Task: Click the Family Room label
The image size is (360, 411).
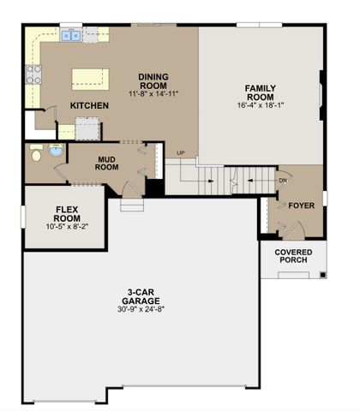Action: click(x=261, y=92)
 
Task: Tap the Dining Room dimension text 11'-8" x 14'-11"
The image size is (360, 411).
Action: click(x=153, y=93)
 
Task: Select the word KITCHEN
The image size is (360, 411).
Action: click(x=89, y=105)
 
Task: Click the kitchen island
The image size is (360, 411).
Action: click(x=90, y=80)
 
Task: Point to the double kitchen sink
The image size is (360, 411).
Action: click(x=71, y=36)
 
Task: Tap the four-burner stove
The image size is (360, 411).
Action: click(x=33, y=74)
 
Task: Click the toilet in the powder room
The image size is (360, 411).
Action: click(x=36, y=153)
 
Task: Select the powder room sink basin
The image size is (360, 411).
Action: click(x=56, y=150)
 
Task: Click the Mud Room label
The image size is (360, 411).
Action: click(x=107, y=164)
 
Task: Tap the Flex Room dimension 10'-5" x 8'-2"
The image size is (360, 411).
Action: click(x=67, y=227)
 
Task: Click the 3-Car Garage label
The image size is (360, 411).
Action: click(x=141, y=296)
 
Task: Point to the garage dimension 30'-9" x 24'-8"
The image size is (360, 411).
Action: click(x=141, y=309)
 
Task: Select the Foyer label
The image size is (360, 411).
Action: click(x=302, y=205)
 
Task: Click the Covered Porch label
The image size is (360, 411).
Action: click(x=293, y=256)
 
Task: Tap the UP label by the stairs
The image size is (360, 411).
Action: click(x=181, y=153)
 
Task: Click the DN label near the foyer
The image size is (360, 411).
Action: click(x=283, y=181)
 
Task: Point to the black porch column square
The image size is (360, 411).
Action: click(x=322, y=275)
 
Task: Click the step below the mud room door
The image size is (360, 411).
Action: click(x=132, y=205)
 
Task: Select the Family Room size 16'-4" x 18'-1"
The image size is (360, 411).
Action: click(x=261, y=105)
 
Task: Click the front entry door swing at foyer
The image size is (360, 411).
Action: click(x=294, y=230)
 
